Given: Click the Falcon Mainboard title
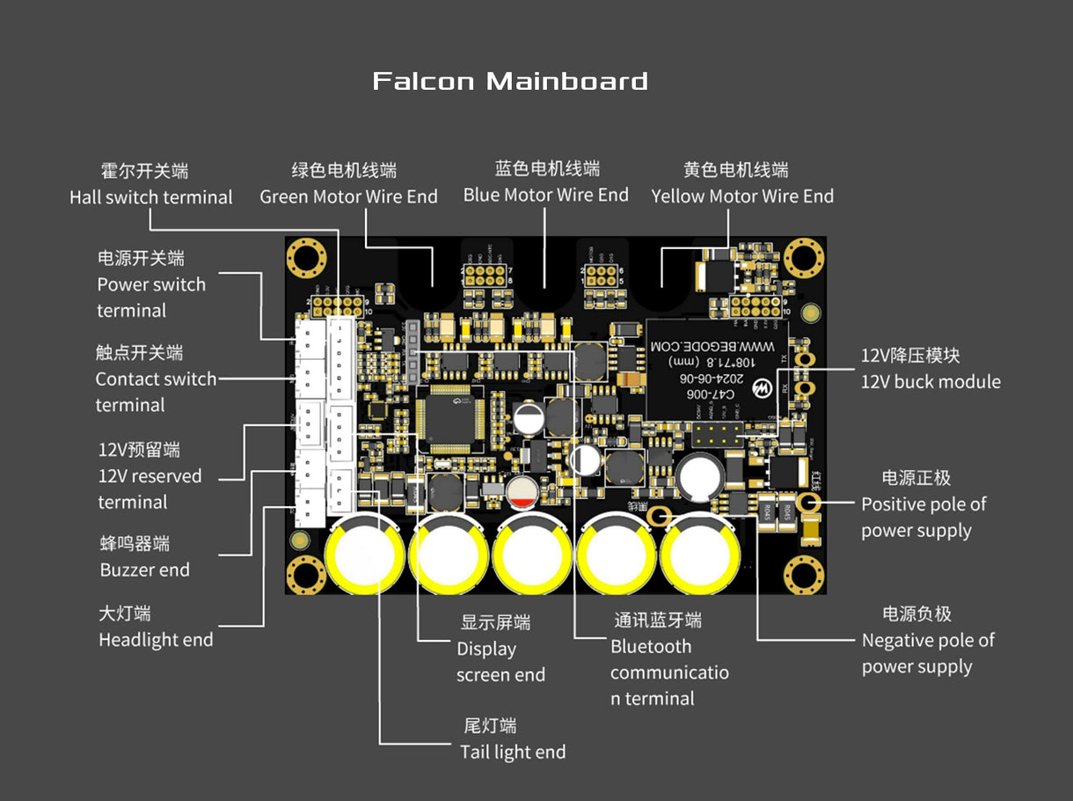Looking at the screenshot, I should (510, 82).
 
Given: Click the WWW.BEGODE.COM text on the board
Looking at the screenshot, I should (712, 349).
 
